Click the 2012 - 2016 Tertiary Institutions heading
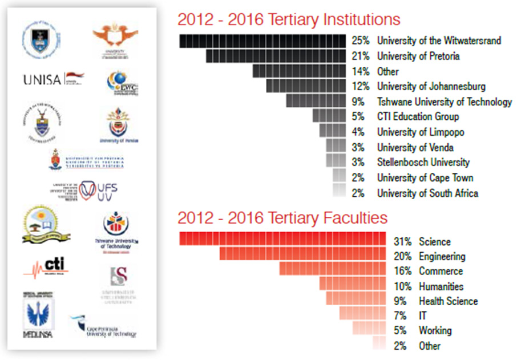tap(289, 19)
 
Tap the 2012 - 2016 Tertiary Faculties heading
tap(282, 218)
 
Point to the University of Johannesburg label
tap(431, 87)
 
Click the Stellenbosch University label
tap(423, 163)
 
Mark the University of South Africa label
tap(427, 193)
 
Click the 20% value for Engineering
tap(402, 257)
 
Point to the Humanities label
tap(441, 286)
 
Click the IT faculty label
tap(422, 315)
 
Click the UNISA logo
tap(53, 79)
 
